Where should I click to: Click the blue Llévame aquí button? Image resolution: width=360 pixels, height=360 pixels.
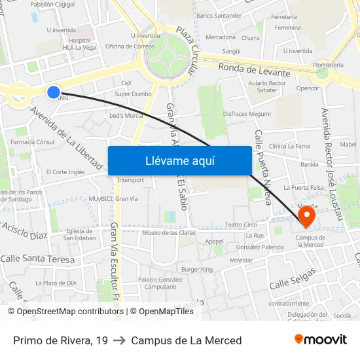(x=179, y=160)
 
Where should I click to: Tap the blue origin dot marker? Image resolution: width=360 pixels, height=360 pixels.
(x=54, y=92)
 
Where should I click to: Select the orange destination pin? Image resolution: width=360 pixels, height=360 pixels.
(x=306, y=215)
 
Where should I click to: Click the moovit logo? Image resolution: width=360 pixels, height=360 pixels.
(x=321, y=340)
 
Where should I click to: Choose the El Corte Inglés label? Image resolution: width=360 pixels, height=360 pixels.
(x=65, y=172)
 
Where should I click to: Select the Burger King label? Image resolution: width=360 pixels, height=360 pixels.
(x=197, y=270)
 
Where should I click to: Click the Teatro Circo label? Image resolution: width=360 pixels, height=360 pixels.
(x=241, y=225)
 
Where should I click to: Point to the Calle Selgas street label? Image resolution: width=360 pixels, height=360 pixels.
(x=293, y=279)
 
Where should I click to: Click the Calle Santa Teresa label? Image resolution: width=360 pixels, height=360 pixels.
(x=35, y=259)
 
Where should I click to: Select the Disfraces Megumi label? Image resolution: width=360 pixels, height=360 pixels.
(x=247, y=114)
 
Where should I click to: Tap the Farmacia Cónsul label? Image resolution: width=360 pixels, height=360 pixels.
(x=33, y=142)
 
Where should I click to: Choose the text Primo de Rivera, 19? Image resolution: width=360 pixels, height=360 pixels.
(x=61, y=340)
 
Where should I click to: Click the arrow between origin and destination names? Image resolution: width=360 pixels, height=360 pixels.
(x=119, y=340)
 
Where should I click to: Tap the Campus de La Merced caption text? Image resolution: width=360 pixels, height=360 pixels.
(x=186, y=340)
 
